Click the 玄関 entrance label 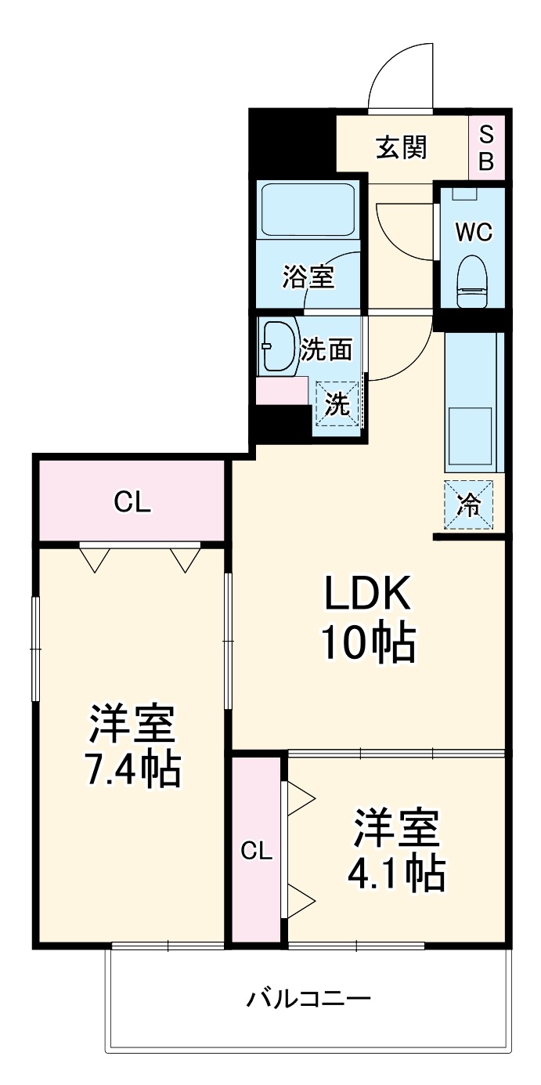click(402, 146)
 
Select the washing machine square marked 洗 click(337, 404)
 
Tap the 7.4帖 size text click(132, 769)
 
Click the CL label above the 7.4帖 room click(132, 502)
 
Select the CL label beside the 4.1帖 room click(256, 852)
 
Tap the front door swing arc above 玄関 click(399, 74)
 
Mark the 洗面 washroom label click(326, 350)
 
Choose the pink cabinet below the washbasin click(282, 390)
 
